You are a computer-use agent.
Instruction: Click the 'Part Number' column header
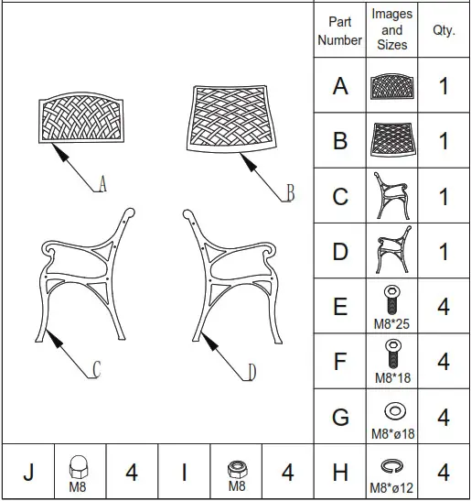point(339,30)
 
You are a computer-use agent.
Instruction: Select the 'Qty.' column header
point(444,30)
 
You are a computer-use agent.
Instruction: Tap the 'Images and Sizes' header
point(391,29)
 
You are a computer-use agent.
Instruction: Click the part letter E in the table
point(340,306)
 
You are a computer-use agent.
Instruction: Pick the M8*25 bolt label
point(391,322)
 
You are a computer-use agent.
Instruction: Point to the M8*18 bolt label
point(391,377)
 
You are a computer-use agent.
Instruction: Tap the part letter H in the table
point(340,473)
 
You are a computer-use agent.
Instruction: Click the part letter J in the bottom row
point(27,473)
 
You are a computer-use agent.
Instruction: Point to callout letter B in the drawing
point(290,192)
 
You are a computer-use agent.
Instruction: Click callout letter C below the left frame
point(96,370)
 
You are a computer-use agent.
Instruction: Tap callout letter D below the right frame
point(252,372)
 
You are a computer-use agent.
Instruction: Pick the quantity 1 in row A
point(444,86)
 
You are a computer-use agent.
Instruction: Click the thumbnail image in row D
point(391,251)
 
